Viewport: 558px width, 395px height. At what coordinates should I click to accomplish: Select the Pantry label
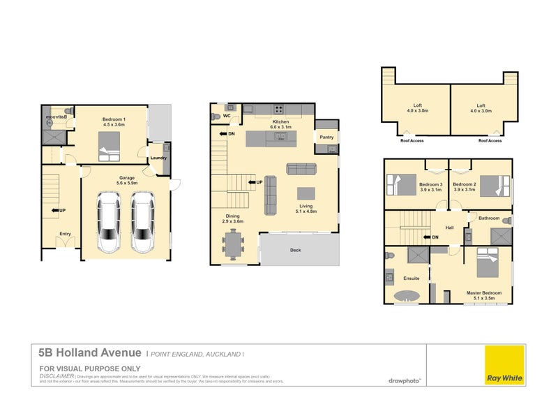tap(326, 137)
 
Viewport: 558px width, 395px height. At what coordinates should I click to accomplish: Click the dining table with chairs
tap(232, 245)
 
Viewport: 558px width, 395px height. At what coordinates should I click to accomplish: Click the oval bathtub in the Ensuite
tap(407, 296)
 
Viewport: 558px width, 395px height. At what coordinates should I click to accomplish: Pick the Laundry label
tap(158, 158)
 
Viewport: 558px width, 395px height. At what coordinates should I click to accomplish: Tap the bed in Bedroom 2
tap(490, 186)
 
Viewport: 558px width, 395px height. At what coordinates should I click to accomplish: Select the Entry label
tap(65, 234)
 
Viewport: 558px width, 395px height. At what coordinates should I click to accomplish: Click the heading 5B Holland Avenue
tap(91, 354)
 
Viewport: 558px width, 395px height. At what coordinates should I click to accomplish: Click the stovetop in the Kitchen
tap(279, 109)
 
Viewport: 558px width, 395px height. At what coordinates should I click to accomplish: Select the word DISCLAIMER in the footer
tap(56, 375)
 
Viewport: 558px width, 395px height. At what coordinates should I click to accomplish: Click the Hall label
tap(450, 226)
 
